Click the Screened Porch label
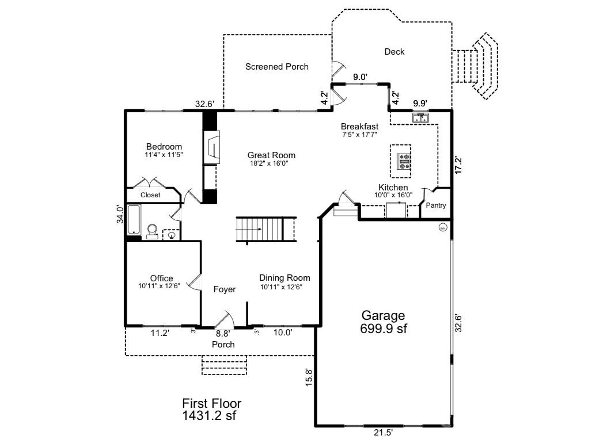click(277, 67)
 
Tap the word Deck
click(394, 51)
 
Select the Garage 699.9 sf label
click(383, 322)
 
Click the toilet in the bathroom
click(153, 231)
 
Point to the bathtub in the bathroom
click(134, 220)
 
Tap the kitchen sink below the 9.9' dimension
click(420, 117)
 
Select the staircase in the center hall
click(266, 230)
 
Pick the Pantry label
click(436, 205)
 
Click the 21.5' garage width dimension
click(383, 433)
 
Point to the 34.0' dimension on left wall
click(120, 215)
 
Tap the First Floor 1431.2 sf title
click(211, 410)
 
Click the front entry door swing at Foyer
click(226, 319)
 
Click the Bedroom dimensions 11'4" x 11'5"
click(164, 155)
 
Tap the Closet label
click(150, 195)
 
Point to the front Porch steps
click(224, 365)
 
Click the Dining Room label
click(284, 278)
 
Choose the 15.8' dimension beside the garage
click(309, 377)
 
